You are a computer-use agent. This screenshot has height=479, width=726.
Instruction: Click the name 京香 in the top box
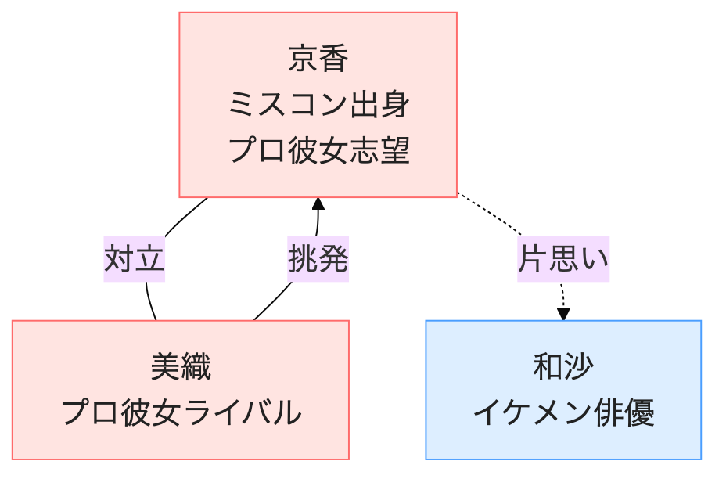coord(318,59)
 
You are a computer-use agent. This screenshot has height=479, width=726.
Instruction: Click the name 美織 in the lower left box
coord(181,366)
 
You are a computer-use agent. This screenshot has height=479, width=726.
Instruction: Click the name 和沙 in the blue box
coord(562,366)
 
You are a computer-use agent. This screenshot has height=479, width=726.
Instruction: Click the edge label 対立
coord(135,258)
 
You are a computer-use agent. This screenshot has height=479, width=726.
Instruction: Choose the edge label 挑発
coord(318,258)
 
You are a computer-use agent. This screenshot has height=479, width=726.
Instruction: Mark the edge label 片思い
coord(562,258)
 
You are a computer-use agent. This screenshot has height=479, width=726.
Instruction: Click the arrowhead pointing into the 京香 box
coord(318,203)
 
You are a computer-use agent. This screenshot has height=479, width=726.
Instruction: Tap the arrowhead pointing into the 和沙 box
coord(563,313)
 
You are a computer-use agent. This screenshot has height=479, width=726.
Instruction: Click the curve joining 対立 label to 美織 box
coord(150,301)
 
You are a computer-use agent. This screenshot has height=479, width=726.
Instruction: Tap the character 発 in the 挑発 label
coord(332,258)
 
